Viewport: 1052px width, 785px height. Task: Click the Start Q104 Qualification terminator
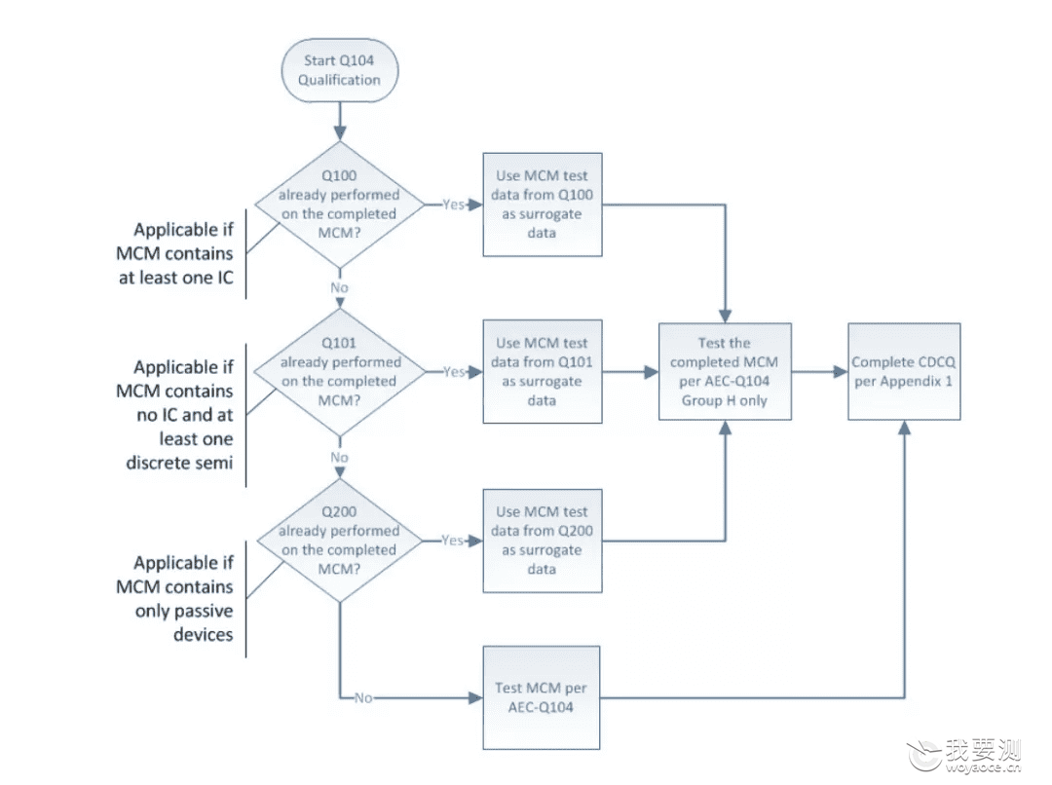tap(340, 70)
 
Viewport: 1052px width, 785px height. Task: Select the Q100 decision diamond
tap(340, 205)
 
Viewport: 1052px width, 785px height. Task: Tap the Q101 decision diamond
tap(340, 372)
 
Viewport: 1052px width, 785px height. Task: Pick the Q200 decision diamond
tap(340, 541)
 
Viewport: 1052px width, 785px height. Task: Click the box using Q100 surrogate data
tap(543, 205)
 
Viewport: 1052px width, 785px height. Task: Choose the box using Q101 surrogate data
tap(543, 372)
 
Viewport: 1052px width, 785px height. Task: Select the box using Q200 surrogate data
tap(543, 541)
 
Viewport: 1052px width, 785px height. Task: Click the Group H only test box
tap(725, 372)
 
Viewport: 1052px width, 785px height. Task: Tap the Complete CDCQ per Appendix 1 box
tap(904, 372)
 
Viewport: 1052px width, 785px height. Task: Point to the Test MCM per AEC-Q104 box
tap(541, 697)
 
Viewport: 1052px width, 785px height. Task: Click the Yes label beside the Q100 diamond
tap(454, 205)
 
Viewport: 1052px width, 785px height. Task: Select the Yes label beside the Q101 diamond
tap(454, 372)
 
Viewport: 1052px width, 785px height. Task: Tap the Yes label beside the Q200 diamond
tap(453, 541)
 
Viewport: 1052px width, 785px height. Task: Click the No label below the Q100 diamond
tap(340, 288)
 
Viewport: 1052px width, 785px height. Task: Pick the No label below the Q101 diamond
tap(340, 458)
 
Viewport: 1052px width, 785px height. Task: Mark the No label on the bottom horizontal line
tap(363, 697)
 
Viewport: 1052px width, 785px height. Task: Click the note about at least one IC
tap(175, 253)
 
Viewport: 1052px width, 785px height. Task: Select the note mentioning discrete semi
tap(175, 415)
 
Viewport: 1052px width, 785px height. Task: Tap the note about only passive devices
tap(175, 598)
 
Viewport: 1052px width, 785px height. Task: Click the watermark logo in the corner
tap(964, 756)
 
